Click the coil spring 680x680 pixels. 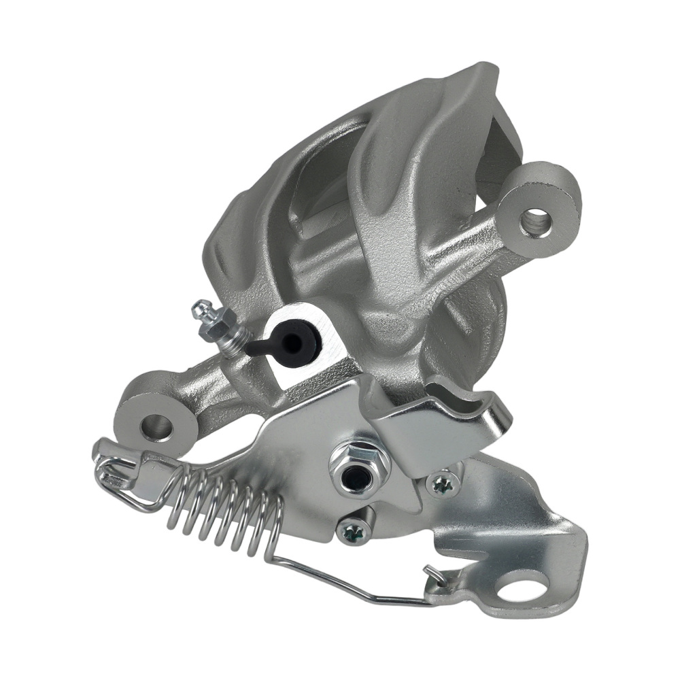224,507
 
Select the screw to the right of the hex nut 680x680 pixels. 443,484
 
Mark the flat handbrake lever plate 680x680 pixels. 299,442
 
